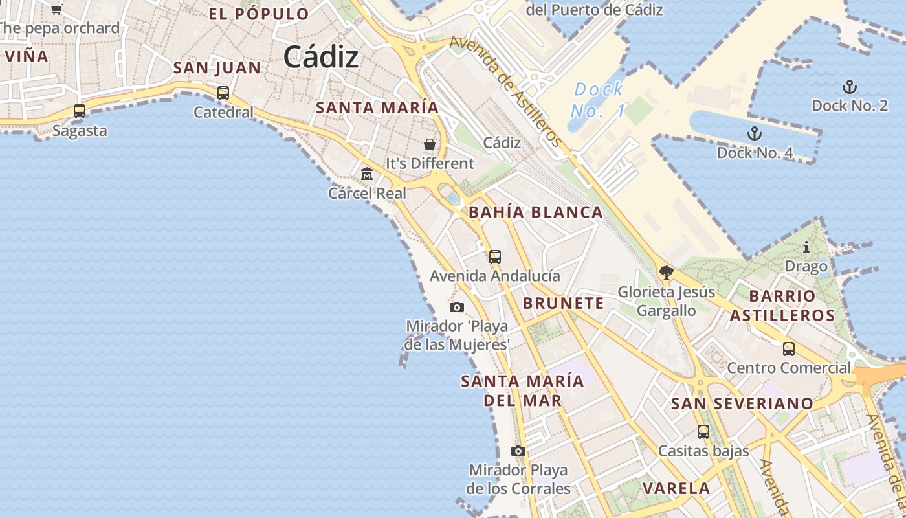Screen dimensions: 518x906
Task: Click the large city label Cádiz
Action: [320, 57]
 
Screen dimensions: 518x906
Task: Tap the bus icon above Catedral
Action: [223, 93]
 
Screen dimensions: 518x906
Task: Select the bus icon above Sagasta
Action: [80, 111]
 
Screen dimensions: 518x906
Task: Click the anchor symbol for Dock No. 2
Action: [849, 87]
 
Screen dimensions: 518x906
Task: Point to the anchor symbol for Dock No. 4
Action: [754, 134]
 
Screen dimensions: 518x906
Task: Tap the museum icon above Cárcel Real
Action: [367, 174]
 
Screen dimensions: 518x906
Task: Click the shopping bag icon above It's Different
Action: [430, 144]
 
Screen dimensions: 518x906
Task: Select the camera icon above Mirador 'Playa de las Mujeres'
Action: [457, 307]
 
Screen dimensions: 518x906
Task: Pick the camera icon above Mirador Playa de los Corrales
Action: [518, 451]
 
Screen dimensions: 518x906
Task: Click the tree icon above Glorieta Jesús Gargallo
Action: [666, 273]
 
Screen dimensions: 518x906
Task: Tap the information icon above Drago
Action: [806, 247]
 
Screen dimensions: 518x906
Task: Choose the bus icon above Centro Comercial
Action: [789, 349]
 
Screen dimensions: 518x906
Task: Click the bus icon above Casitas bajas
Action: [703, 431]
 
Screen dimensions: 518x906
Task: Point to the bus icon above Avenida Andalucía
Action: [495, 256]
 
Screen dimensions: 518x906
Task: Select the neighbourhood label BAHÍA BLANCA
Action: [536, 212]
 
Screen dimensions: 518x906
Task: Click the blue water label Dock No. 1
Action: [599, 100]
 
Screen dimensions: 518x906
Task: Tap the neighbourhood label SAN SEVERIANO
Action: [742, 403]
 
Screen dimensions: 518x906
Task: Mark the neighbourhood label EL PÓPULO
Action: [259, 14]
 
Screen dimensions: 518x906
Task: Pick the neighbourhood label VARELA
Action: [676, 488]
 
